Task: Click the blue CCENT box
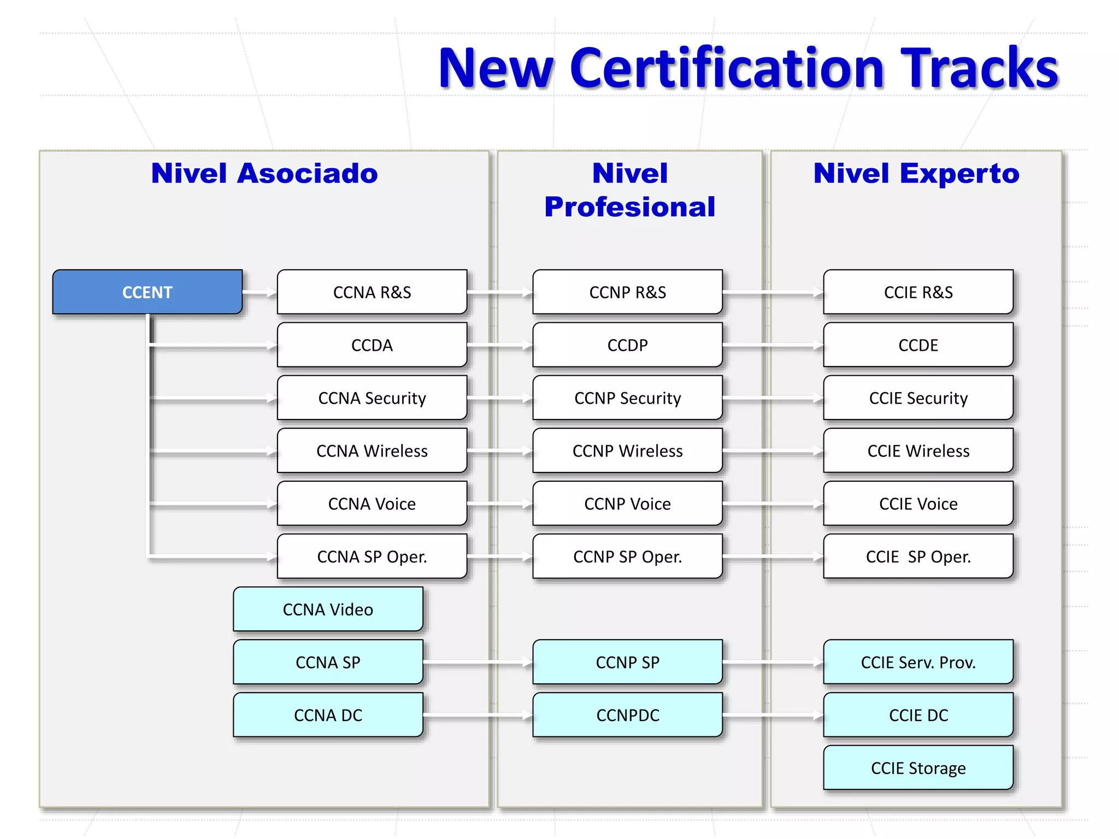click(148, 292)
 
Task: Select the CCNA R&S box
click(372, 292)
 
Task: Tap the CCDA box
click(372, 345)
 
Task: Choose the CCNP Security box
click(627, 398)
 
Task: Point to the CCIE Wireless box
click(918, 451)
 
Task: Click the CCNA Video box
click(328, 609)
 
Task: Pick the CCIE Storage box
click(918, 767)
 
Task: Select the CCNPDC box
click(627, 715)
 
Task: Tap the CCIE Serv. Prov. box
click(918, 662)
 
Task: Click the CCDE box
click(918, 345)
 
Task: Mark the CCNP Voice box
click(627, 503)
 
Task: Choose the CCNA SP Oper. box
click(372, 556)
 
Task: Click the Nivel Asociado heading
click(264, 173)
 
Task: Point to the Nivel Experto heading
click(916, 173)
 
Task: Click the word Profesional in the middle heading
click(629, 207)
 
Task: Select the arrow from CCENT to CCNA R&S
click(260, 293)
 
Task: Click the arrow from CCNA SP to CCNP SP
click(478, 663)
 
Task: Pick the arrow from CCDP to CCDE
click(773, 346)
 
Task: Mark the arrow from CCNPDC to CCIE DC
click(773, 716)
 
